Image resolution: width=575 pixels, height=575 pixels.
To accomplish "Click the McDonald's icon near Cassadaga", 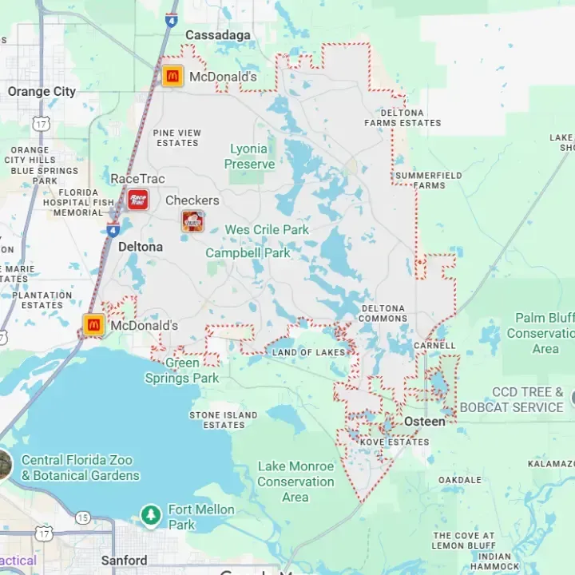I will point(172,77).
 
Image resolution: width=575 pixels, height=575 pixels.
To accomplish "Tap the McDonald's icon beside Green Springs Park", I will point(94,325).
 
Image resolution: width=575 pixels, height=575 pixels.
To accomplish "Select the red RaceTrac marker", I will point(137,200).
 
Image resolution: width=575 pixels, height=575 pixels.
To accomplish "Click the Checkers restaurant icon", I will point(192,221).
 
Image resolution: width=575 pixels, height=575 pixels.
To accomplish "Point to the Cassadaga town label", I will point(217,35).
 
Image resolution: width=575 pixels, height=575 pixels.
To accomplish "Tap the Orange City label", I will point(42,92).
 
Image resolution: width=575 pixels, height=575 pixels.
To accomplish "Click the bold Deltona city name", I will point(141,248).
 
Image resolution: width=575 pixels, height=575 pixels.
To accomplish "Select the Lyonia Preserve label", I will point(249,157).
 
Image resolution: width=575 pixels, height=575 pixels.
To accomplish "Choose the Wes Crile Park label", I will point(267,230).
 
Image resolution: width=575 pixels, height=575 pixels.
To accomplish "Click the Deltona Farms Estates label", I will point(402,118).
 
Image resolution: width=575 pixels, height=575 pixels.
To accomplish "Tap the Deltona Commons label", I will point(384,313).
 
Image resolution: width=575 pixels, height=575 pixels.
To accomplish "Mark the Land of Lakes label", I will point(309,352).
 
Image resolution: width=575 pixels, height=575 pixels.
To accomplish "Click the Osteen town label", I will point(425,422).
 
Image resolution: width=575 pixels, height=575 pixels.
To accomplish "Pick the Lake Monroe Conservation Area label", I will point(295,482).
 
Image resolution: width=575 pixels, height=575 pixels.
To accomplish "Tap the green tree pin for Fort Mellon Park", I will point(151,515).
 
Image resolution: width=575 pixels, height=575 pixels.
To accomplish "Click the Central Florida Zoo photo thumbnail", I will point(4,465).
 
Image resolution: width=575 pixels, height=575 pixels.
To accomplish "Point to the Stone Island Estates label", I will point(224,420).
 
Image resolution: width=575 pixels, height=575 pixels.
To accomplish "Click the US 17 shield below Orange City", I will point(40,123).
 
